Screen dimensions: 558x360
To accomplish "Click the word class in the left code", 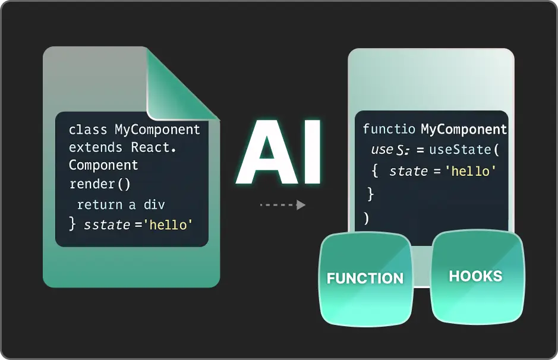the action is coord(88,130).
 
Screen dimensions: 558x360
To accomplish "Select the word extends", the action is coord(95,147).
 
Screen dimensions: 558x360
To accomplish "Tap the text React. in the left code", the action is coord(154,147).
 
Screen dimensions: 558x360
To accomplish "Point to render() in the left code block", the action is coord(100,184).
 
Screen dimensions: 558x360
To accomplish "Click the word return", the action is coord(100,204).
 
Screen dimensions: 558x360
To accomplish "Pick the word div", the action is coord(154,204).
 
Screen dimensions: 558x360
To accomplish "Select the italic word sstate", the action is coord(107,225).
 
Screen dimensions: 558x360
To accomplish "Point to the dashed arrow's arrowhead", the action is coord(301,205).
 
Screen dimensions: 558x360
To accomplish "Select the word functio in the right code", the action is coord(389,129).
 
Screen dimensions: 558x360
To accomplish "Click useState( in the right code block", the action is coord(464,150).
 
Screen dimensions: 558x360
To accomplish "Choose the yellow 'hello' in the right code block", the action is coord(471,172).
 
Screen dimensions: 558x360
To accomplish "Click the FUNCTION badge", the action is coord(365,279).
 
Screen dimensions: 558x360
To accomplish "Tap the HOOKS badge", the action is coord(477,277).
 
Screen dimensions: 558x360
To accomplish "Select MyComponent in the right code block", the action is coord(464,129).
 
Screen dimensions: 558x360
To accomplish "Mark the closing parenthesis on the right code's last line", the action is coord(366,218).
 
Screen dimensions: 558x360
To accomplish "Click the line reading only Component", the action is coord(103,165).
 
